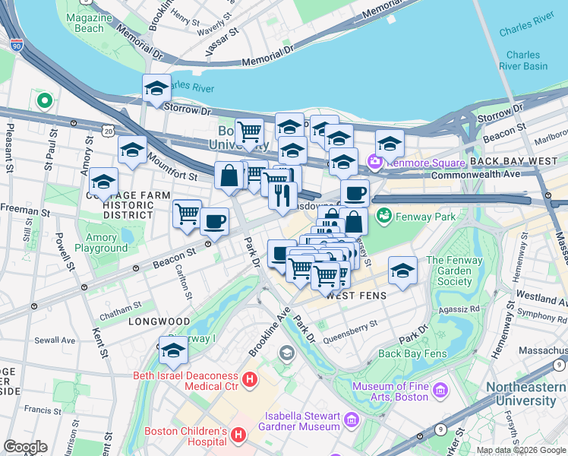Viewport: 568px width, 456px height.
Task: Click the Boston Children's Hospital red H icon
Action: (x=238, y=435)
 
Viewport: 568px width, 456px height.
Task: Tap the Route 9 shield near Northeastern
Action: (x=441, y=429)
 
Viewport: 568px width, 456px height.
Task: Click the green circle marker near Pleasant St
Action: (x=45, y=100)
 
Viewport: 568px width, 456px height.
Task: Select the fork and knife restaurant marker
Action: (x=282, y=195)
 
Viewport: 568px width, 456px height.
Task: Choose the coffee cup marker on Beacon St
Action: (x=214, y=221)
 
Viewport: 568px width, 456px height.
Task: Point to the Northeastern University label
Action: (x=526, y=394)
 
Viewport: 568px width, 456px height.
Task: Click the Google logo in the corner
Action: (x=25, y=447)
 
